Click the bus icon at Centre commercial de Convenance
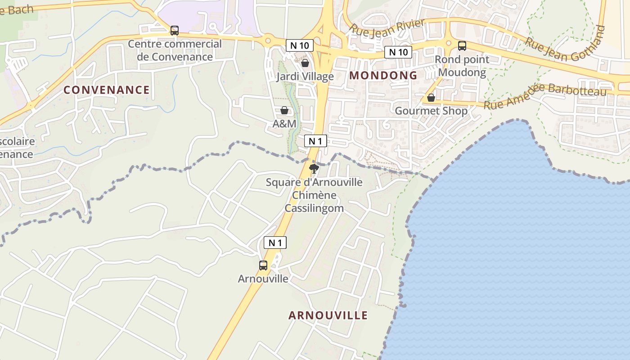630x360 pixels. click(x=174, y=31)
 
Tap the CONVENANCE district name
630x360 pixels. click(x=106, y=90)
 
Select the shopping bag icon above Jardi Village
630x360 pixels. click(x=305, y=63)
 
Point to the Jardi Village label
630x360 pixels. click(x=305, y=76)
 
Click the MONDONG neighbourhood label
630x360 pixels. click(x=383, y=75)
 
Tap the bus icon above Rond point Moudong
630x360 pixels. click(x=462, y=45)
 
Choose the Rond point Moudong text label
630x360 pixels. click(x=462, y=66)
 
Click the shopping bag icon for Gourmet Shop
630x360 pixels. click(x=431, y=97)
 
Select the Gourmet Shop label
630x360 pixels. click(x=431, y=111)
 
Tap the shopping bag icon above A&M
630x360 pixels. click(x=284, y=110)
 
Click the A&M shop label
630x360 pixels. click(x=284, y=123)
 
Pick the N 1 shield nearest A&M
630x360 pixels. click(x=315, y=141)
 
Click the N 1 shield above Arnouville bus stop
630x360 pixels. click(x=274, y=243)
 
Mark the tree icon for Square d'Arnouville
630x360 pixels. click(x=314, y=169)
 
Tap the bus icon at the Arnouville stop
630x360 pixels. click(x=263, y=265)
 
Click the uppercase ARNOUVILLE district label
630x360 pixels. click(x=328, y=315)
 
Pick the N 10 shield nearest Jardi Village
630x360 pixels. click(x=299, y=45)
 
